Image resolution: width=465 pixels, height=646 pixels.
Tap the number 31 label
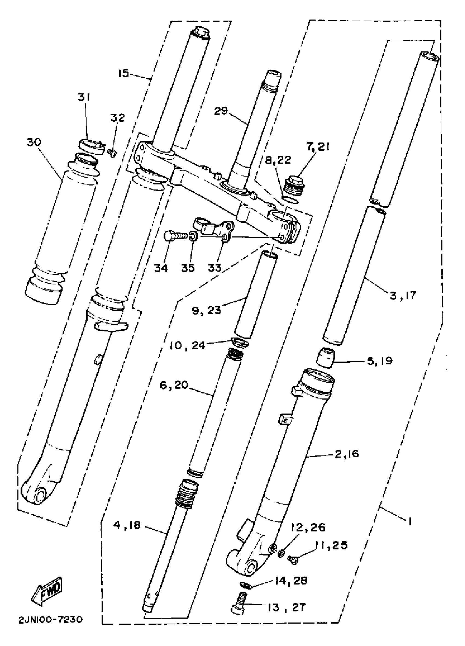click(x=84, y=98)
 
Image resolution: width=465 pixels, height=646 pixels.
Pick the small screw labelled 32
click(x=112, y=153)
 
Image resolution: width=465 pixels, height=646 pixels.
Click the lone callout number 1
click(x=409, y=522)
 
